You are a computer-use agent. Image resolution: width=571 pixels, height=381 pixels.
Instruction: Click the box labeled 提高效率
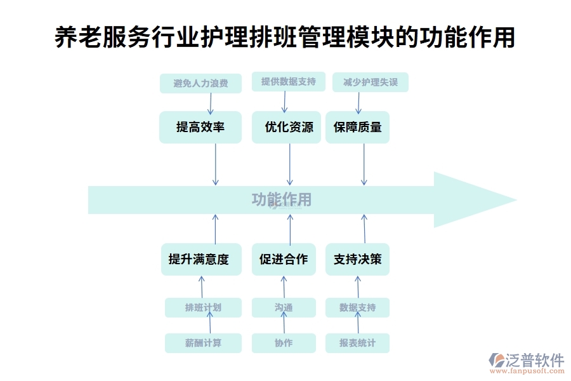pos(200,127)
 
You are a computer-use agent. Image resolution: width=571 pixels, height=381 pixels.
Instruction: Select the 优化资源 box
pos(289,127)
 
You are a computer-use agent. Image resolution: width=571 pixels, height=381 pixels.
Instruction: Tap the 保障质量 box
pos(357,127)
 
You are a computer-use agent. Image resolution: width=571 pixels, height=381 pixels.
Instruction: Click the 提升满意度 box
pos(199,259)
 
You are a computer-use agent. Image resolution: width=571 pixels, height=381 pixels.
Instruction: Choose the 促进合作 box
pos(283,259)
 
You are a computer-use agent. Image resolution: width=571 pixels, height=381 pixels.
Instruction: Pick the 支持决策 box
pos(357,259)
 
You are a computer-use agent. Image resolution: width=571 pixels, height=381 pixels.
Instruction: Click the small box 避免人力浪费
pos(200,83)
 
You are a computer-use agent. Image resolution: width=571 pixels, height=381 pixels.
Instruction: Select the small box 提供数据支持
pos(289,82)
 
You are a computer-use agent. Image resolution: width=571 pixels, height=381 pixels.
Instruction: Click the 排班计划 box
pos(203,307)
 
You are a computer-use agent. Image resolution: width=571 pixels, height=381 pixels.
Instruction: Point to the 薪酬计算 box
pos(203,343)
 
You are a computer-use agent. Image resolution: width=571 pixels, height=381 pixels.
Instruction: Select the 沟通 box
pos(284,307)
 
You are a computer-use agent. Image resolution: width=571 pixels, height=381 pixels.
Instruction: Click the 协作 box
pos(284,343)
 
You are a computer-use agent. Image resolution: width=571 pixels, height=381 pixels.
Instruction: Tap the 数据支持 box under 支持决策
pos(357,307)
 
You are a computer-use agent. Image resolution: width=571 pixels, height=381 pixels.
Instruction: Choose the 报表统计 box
pos(357,343)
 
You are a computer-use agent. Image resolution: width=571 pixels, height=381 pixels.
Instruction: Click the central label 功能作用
pos(282,199)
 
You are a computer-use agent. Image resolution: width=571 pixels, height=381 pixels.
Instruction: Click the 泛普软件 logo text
pos(534,361)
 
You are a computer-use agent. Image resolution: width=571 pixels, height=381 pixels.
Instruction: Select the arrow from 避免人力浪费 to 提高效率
pos(210,103)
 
